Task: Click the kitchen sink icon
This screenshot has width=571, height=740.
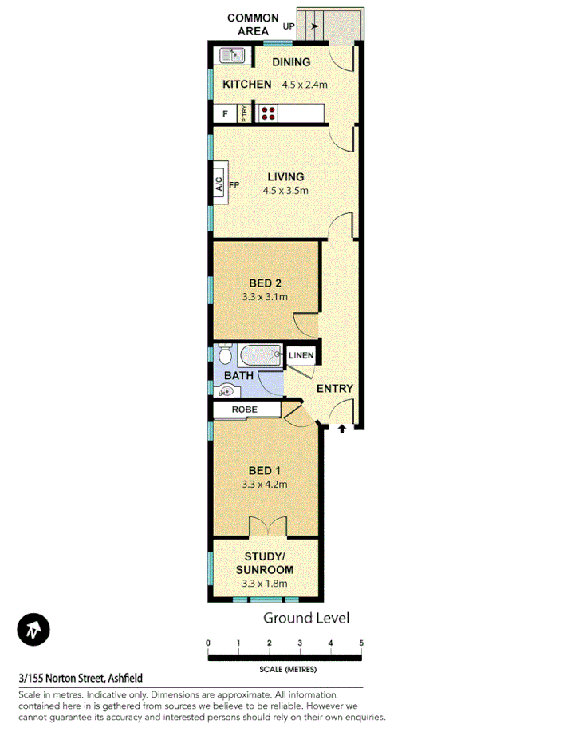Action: click(232, 55)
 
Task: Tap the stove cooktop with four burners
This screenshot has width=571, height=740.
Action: click(268, 114)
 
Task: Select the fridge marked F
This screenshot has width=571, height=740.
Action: click(225, 114)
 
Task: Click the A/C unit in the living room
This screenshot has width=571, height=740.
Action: click(219, 185)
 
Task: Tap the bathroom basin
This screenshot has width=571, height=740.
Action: click(226, 390)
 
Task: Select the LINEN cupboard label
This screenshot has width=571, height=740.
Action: click(301, 355)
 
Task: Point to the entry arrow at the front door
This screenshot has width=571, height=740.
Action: click(342, 429)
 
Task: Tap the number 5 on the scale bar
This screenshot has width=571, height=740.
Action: click(361, 643)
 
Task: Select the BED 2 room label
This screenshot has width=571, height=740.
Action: click(265, 283)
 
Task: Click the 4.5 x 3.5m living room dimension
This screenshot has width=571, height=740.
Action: click(285, 191)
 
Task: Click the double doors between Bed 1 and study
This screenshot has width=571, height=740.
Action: click(267, 528)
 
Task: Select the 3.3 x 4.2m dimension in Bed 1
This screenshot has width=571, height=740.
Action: click(265, 484)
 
